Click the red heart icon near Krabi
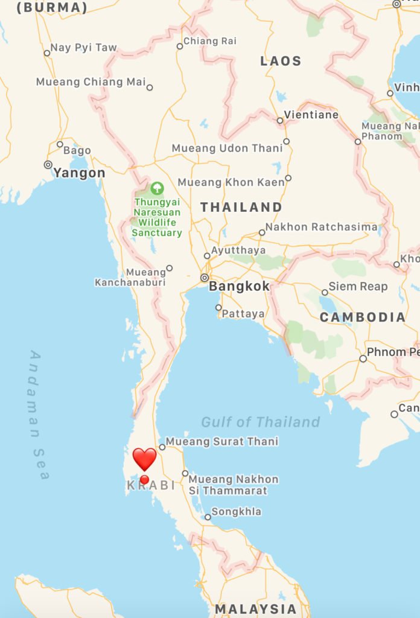(x=144, y=459)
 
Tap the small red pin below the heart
(x=144, y=480)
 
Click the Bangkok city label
(x=239, y=286)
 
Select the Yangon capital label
(x=79, y=173)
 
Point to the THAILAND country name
(x=241, y=207)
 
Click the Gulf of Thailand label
(x=261, y=422)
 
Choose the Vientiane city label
(x=311, y=115)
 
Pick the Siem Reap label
(x=358, y=286)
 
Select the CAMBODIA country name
(x=363, y=317)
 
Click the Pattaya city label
(x=243, y=314)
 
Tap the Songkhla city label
(x=236, y=512)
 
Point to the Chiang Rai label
(x=209, y=41)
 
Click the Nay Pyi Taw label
(x=83, y=48)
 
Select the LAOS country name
(x=281, y=61)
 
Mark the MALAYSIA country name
(x=256, y=608)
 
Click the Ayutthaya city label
(x=238, y=250)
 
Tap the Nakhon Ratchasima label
(x=321, y=227)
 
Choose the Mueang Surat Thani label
(x=222, y=442)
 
